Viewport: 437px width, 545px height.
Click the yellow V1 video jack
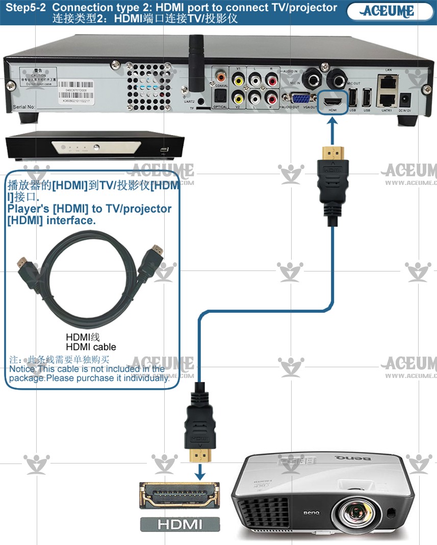(x=238, y=80)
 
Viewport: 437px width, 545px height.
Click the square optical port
(x=220, y=97)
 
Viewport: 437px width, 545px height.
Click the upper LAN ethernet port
(x=389, y=80)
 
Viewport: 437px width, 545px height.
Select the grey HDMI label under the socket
(x=179, y=524)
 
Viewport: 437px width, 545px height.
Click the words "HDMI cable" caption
(x=91, y=347)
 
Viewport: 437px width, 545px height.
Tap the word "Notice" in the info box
(x=23, y=369)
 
